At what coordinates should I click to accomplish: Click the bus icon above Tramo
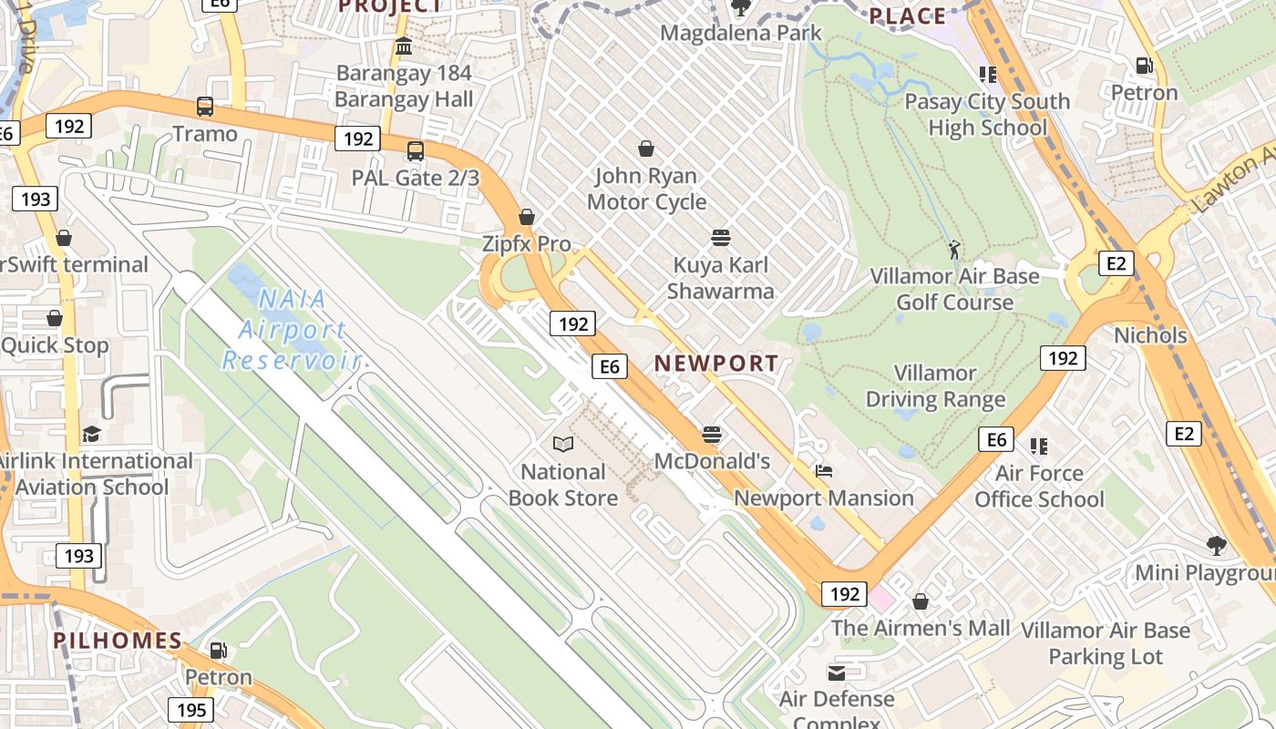click(205, 107)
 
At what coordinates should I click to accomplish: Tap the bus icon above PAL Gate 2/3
click(416, 150)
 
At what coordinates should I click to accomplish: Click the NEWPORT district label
click(716, 364)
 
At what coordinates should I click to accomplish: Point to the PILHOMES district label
click(118, 641)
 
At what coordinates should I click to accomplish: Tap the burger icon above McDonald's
click(712, 434)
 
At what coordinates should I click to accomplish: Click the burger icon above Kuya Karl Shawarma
click(720, 238)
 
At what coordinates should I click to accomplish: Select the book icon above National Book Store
click(563, 445)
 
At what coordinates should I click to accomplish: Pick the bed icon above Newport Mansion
click(824, 471)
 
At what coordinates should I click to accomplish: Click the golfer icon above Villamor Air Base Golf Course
click(954, 249)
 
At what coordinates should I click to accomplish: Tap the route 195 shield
click(190, 710)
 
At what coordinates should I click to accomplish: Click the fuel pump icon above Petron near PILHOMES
click(218, 651)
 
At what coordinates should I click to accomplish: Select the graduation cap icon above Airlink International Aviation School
click(91, 434)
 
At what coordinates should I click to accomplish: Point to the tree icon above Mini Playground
click(1216, 546)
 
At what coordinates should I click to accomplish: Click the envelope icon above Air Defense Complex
click(836, 673)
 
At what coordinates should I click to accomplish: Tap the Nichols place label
click(1150, 335)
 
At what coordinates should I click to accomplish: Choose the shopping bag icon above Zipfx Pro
click(527, 217)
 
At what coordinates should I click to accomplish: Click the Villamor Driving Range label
click(935, 386)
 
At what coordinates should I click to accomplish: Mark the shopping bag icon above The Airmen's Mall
click(921, 601)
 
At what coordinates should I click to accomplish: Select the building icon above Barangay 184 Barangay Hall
click(404, 46)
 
